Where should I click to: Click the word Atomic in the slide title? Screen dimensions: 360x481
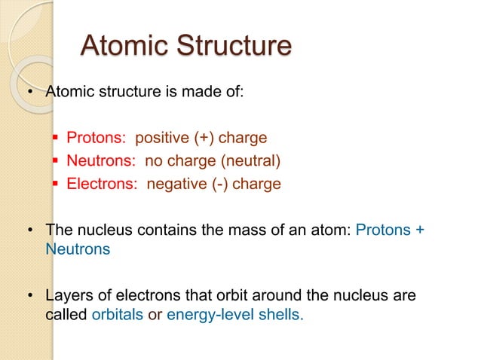tap(125, 46)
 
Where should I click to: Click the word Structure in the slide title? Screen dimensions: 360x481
tap(234, 46)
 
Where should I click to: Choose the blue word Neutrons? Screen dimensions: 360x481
tap(78, 249)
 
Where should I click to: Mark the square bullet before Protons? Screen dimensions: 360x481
tap(56, 139)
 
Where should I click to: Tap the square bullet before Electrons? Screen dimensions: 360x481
tap(56, 184)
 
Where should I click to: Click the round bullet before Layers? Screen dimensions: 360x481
tap(31, 296)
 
